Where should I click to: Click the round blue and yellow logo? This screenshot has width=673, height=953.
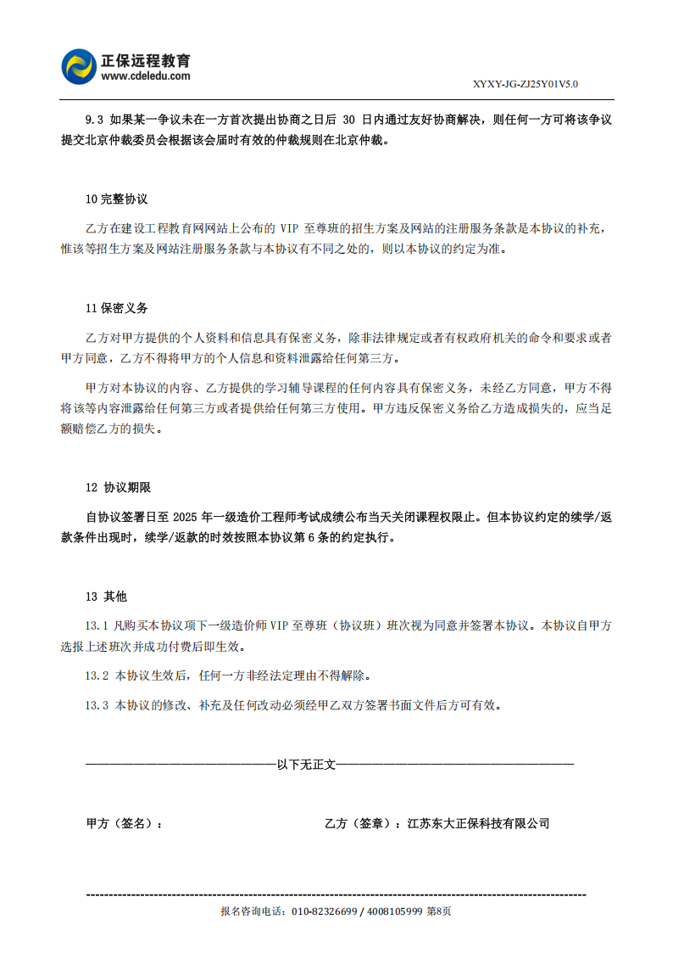[x=81, y=68]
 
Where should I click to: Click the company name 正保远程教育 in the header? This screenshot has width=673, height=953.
[x=146, y=61]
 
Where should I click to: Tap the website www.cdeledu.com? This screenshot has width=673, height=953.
[x=146, y=76]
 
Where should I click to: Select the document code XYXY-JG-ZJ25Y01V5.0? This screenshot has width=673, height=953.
[x=526, y=84]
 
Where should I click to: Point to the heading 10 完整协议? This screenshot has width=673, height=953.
[x=117, y=199]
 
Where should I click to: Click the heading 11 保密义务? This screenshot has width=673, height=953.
[x=117, y=308]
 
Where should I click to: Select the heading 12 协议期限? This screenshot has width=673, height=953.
[x=119, y=488]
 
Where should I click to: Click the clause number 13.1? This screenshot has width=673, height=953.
[x=97, y=626]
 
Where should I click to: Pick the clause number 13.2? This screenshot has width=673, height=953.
[x=97, y=676]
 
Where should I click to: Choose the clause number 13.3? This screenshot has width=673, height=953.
[x=97, y=705]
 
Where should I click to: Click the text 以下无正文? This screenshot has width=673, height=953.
[x=306, y=765]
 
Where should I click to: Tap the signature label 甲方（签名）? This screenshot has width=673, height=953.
[x=124, y=823]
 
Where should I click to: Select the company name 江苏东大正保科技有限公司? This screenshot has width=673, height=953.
[x=479, y=823]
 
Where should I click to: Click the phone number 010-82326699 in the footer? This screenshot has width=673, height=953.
[x=324, y=911]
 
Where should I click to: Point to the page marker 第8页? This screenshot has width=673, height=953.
[x=438, y=911]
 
